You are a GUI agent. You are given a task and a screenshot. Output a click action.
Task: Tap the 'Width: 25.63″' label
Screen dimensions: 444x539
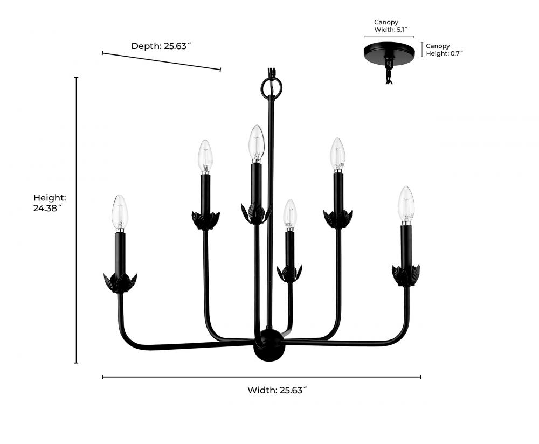[277, 391]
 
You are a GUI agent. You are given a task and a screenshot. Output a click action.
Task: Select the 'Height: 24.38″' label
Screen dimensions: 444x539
[50, 203]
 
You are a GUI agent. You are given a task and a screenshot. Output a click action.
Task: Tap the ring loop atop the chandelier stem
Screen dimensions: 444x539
[271, 86]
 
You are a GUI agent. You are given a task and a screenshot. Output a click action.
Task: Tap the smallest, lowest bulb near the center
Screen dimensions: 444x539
[290, 213]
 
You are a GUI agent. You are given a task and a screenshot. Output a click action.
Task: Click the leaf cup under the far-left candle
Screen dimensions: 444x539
[120, 282]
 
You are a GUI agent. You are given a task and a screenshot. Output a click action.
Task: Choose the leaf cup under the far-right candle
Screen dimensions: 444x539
[406, 275]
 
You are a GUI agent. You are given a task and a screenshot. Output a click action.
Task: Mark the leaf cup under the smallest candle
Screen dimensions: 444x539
[289, 273]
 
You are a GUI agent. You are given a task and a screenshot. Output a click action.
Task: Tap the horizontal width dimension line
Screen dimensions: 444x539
[261, 377]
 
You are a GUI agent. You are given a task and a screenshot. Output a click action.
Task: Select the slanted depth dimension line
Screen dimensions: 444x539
[161, 61]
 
